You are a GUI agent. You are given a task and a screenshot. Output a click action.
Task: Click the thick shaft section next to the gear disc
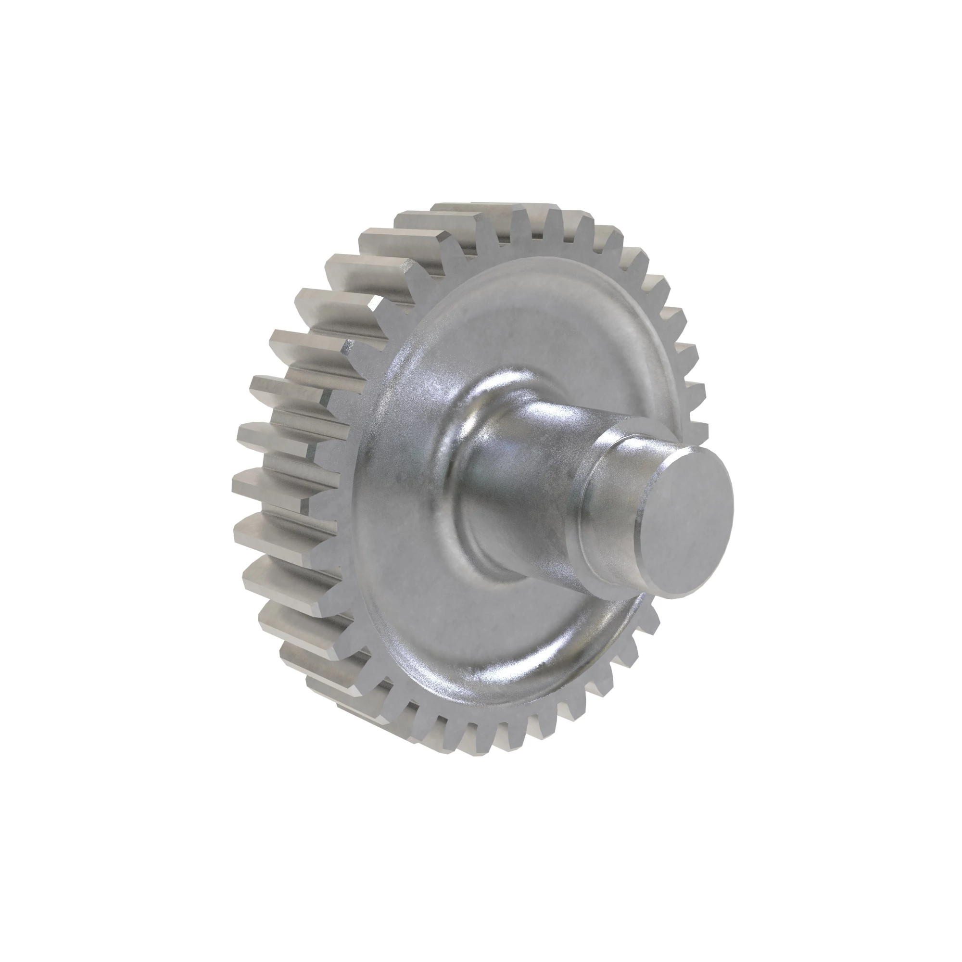coord(528,448)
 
